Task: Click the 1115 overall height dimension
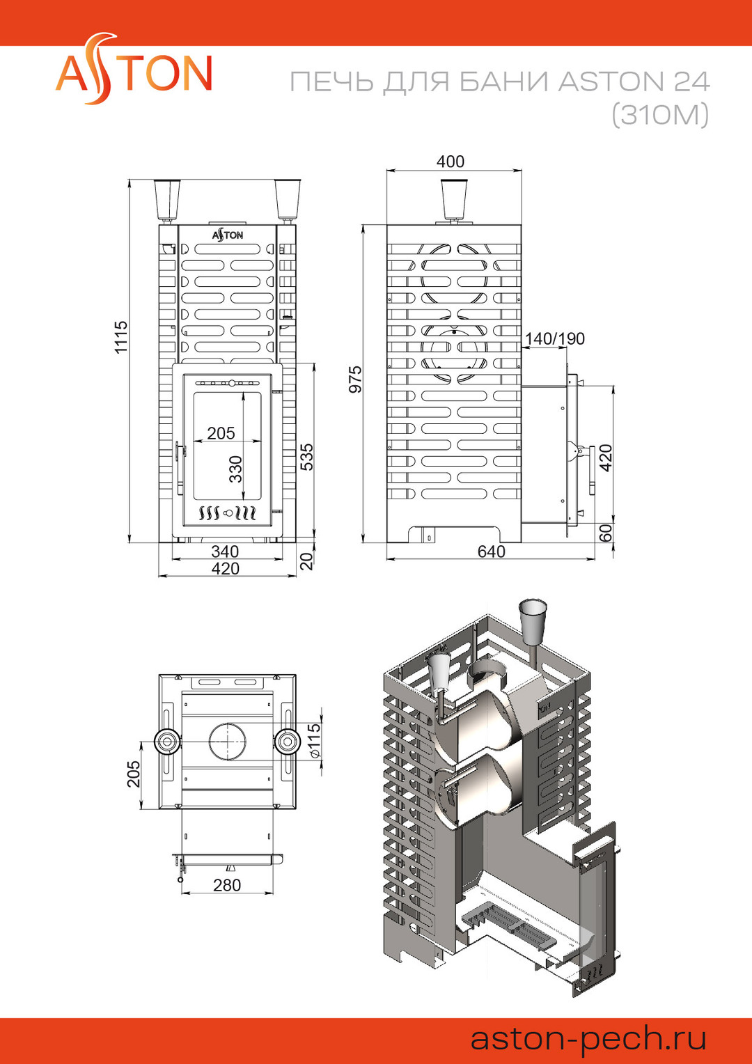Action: [121, 337]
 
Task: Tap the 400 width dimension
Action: [450, 162]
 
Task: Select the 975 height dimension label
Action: [355, 379]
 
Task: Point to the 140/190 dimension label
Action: [554, 338]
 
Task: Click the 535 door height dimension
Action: [308, 457]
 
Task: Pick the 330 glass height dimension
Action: [235, 469]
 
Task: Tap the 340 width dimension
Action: [225, 551]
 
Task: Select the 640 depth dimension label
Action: [491, 551]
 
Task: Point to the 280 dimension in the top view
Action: [227, 885]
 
